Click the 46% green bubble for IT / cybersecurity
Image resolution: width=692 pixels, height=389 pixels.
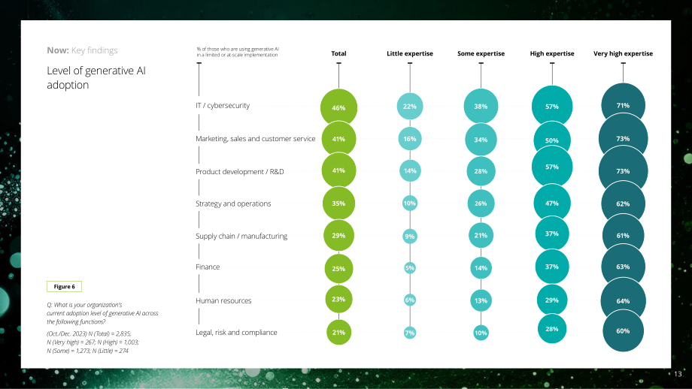pos(338,107)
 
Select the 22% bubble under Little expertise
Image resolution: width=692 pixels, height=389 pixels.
pos(409,106)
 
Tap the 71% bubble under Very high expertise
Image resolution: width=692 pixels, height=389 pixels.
pos(623,105)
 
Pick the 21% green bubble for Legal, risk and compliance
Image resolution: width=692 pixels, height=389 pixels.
pos(338,332)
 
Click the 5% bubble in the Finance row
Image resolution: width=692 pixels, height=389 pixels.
pos(409,268)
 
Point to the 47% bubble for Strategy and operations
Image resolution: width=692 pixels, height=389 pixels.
pos(551,203)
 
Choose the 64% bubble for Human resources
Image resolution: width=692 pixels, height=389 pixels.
pos(623,301)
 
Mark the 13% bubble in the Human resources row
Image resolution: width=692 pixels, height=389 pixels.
pos(481,300)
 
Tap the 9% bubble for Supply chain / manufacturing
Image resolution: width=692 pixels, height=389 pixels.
pos(409,236)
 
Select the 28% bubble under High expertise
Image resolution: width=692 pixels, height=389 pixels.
pos(551,329)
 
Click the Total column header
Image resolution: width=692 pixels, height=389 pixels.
pos(338,53)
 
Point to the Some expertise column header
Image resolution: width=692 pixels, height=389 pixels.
pos(481,53)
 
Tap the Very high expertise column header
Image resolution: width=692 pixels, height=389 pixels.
pos(623,53)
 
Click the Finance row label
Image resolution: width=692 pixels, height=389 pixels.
pos(208,267)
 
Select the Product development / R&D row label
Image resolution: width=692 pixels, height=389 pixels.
pos(240,171)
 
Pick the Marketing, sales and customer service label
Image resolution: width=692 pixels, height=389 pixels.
pos(256,139)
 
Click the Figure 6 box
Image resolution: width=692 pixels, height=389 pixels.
pos(64,286)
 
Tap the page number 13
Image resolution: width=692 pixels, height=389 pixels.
pos(678,374)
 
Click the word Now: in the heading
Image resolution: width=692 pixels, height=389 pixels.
pos(58,50)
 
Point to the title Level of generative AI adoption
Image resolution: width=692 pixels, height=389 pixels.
pos(96,77)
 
